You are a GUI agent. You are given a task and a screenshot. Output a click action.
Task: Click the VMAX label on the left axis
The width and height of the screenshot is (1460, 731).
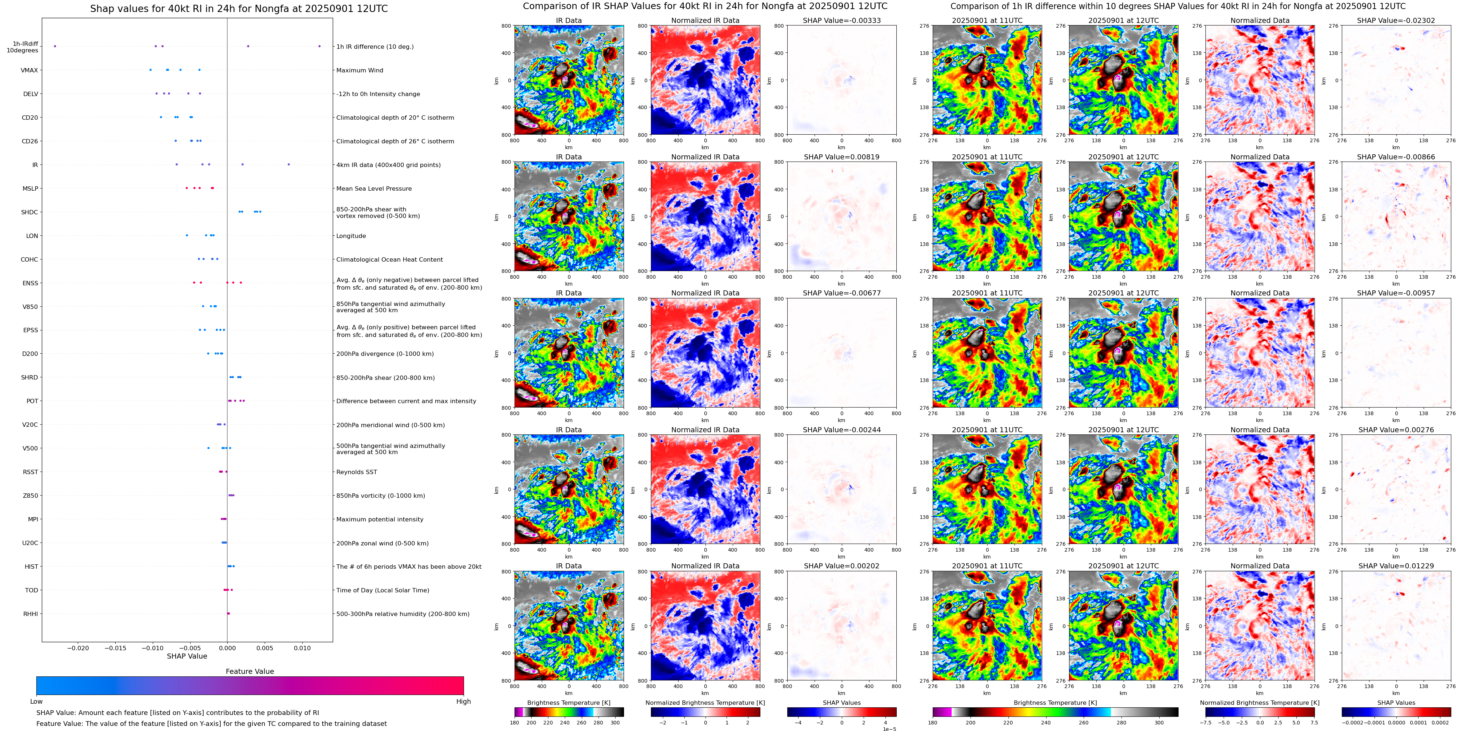(x=29, y=70)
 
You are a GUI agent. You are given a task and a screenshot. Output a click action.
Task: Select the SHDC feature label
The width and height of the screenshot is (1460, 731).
(x=29, y=212)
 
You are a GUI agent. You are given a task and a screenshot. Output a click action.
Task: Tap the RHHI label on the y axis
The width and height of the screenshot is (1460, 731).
(x=31, y=613)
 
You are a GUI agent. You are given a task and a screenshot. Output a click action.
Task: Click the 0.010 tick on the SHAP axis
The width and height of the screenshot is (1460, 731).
(x=302, y=648)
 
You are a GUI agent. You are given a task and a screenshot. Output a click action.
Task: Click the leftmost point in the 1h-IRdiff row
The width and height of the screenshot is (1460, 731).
(x=55, y=46)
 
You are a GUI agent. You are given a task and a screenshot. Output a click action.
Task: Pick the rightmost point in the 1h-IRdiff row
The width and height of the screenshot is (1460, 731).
(x=320, y=46)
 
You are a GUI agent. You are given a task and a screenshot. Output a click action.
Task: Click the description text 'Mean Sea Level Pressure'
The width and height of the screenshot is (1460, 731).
(x=374, y=188)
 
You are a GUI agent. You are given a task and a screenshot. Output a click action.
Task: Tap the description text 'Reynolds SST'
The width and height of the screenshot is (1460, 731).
(x=356, y=472)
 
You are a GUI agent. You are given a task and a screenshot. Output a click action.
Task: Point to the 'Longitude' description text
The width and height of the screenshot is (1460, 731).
(x=351, y=236)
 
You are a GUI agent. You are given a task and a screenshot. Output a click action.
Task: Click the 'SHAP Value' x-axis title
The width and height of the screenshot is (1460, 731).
(x=187, y=656)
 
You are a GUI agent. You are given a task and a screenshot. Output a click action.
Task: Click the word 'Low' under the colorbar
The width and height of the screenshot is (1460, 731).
(x=36, y=702)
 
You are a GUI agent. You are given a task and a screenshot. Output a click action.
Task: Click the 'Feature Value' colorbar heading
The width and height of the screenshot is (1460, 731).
(x=249, y=671)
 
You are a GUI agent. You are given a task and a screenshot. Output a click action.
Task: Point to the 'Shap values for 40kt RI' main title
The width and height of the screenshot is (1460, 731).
(x=239, y=8)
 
